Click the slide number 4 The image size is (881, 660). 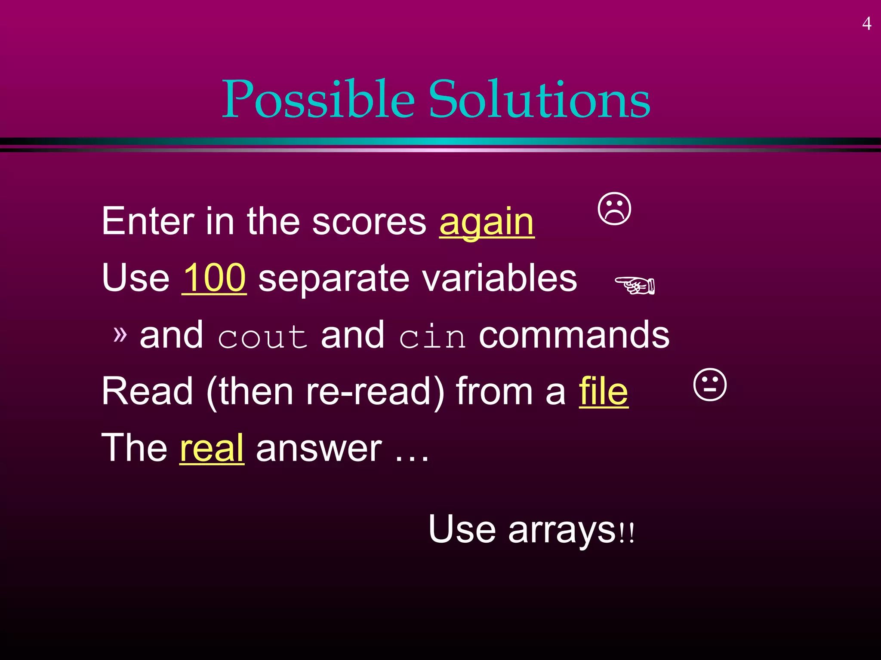pos(867,24)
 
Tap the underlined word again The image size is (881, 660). pos(487,222)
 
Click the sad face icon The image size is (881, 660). pos(615,209)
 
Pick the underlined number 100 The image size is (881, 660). pos(214,278)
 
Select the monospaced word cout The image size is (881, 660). pos(262,336)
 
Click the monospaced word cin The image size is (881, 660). pos(432,336)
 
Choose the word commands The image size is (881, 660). pos(574,335)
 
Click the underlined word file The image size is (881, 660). pos(604,391)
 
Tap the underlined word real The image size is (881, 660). pos(212,448)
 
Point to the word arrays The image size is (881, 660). pos(562,529)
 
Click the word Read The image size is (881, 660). pos(148,391)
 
